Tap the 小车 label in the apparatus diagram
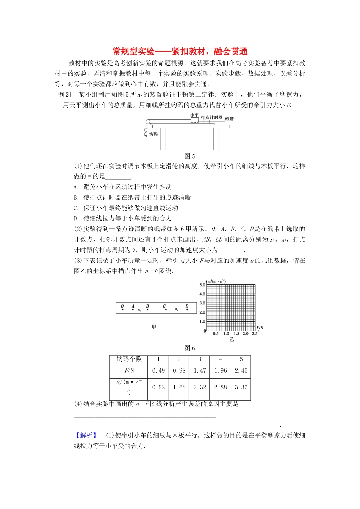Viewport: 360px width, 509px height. point(194,115)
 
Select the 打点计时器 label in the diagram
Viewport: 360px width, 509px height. point(212,117)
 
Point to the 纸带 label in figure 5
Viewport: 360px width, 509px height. point(230,119)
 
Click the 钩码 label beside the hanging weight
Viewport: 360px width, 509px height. point(153,134)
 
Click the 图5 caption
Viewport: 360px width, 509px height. point(189,156)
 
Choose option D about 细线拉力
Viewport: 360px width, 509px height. point(123,219)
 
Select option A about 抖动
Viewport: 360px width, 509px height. point(123,187)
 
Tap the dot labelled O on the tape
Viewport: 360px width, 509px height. point(122,310)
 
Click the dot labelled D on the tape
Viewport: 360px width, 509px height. point(187,310)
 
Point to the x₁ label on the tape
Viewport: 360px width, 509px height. point(139,311)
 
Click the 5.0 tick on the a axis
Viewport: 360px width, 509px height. point(202,285)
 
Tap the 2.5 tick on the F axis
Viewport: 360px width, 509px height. point(255,334)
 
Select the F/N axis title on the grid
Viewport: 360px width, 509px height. point(260,328)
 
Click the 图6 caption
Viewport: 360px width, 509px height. point(189,348)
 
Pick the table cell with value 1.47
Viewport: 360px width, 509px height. point(200,371)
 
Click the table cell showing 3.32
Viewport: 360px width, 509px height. point(241,387)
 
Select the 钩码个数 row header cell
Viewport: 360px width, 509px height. point(129,359)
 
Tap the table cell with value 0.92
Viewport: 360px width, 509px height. point(158,387)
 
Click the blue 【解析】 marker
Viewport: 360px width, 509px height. point(86,436)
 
